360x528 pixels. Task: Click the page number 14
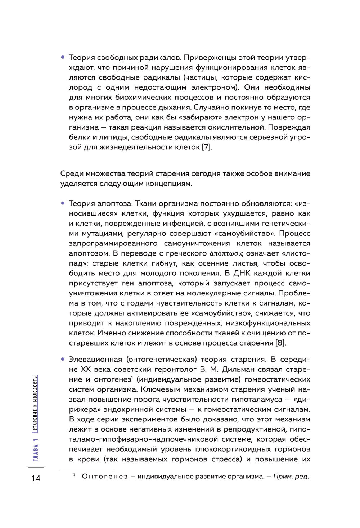point(36,478)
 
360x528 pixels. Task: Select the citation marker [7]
point(207,147)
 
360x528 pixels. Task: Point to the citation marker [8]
point(280,343)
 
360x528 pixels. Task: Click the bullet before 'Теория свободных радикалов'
point(63,57)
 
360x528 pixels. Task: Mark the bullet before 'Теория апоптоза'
point(63,203)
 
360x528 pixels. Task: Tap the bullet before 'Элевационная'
point(63,359)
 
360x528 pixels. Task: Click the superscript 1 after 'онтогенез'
point(132,377)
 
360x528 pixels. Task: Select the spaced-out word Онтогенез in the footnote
point(104,477)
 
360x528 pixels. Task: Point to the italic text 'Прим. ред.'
point(291,477)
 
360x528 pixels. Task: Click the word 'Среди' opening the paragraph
point(72,173)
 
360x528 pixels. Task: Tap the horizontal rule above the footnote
point(87,470)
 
